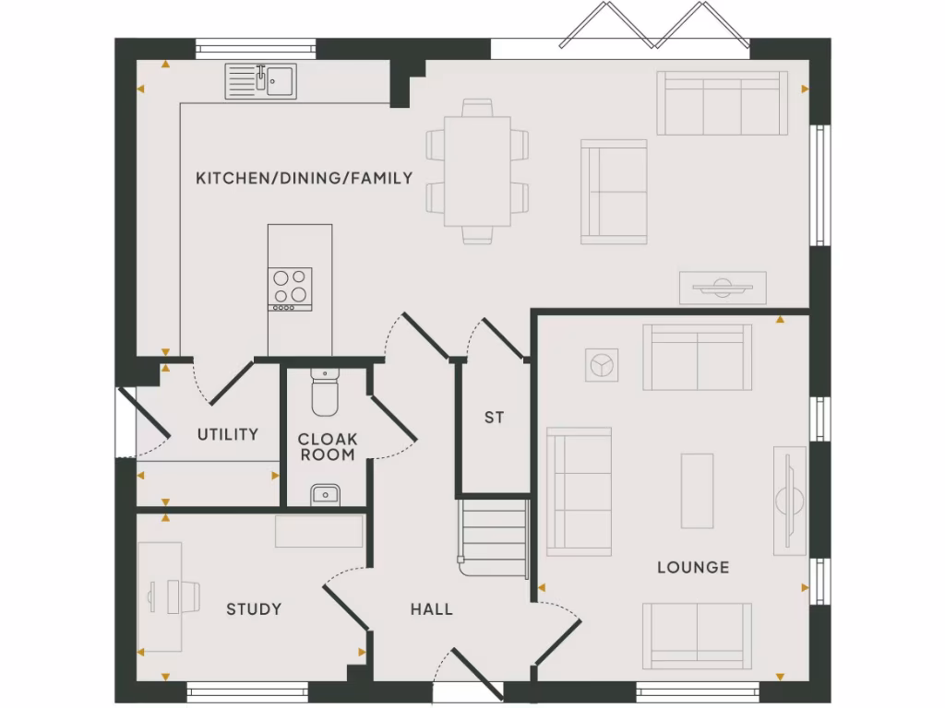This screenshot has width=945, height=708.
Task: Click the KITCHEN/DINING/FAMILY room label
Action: coord(304,178)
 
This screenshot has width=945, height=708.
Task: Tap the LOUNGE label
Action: coord(692,567)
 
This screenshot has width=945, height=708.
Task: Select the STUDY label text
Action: coord(254,608)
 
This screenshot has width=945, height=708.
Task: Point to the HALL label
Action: coord(432,608)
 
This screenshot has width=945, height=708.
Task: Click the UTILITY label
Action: coord(228,434)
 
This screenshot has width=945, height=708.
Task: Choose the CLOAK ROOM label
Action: coord(328,447)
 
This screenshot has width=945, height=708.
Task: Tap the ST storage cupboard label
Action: coord(495,418)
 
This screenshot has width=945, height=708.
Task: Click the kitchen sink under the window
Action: coord(261,81)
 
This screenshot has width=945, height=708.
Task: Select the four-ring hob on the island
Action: coord(290,288)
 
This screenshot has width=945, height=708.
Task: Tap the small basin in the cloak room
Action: coord(325,495)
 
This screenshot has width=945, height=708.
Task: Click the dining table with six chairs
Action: coord(477,171)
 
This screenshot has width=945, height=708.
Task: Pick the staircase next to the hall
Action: coord(496,537)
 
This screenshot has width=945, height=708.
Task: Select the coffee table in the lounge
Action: coord(698,490)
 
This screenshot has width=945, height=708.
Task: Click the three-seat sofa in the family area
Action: coord(722,103)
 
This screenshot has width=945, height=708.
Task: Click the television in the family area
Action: coord(723,287)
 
